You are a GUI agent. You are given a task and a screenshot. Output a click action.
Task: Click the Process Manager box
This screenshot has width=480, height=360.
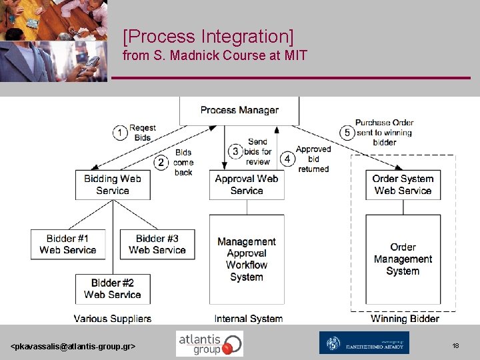[239, 111]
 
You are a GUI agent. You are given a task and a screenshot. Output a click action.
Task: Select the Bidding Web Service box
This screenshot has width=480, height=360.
[113, 185]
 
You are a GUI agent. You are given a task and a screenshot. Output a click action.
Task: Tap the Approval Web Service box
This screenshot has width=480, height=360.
[247, 185]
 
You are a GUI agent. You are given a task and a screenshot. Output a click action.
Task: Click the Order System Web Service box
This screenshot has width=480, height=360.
[403, 185]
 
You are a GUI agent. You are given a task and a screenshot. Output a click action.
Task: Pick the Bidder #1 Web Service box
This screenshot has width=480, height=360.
[68, 245]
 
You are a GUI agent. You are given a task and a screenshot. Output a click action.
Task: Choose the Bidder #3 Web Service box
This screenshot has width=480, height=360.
[157, 245]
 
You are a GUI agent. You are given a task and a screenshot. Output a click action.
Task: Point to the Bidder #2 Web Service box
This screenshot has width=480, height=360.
[113, 289]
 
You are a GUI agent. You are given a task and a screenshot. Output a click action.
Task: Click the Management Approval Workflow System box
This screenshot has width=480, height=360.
[247, 259]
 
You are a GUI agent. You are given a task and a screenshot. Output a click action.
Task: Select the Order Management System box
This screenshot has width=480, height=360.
[403, 259]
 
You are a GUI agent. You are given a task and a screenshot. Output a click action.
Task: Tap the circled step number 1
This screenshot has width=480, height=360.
[120, 133]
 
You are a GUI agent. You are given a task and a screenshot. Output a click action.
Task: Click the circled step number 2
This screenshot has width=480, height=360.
[161, 162]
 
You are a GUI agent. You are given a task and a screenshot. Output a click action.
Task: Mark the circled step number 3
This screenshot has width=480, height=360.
[235, 151]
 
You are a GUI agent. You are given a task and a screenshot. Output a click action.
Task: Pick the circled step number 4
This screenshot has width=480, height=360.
[287, 159]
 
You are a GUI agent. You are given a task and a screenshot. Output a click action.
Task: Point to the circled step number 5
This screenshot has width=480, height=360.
[346, 132]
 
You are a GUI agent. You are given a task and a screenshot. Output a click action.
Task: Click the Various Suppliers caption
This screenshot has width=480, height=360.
[113, 319]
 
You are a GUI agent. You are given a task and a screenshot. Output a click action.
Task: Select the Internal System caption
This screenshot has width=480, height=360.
[248, 319]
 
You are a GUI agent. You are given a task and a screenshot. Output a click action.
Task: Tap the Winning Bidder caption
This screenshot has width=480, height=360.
[405, 319]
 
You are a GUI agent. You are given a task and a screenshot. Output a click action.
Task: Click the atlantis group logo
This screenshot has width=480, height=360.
[209, 343]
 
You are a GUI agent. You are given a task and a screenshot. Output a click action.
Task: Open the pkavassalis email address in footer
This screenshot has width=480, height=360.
[73, 347]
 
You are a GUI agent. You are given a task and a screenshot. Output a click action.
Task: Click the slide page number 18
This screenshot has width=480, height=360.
[455, 346]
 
